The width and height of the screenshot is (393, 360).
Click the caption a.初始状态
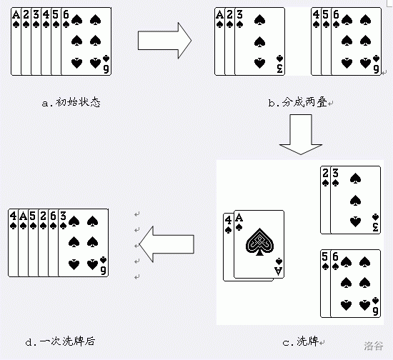point(71,102)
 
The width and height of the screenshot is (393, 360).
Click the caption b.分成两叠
point(298,102)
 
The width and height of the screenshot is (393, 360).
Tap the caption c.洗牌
point(301,341)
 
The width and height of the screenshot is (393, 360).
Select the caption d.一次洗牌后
point(61,341)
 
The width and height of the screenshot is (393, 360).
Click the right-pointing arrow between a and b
point(164,40)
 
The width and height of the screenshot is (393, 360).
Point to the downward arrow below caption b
point(301,134)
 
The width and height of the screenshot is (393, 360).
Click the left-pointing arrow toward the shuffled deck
point(166,244)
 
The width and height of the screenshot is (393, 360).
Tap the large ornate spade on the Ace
point(259,241)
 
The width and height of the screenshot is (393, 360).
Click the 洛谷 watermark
point(374,346)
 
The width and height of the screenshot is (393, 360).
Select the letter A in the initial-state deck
point(16,15)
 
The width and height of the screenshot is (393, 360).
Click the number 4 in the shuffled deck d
point(13,216)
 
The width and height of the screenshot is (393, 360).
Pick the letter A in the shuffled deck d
point(23,216)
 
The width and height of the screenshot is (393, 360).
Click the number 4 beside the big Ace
point(228,221)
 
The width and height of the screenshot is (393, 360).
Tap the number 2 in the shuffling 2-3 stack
point(325,173)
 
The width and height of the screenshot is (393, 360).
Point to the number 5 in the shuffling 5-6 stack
point(325,256)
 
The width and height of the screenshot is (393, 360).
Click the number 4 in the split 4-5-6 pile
point(316,15)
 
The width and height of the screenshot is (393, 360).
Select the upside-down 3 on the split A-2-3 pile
point(279,69)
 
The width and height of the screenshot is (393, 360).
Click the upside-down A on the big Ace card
point(278,271)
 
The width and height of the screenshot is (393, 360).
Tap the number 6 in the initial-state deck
point(66,15)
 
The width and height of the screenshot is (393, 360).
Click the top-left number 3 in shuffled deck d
point(63,216)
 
